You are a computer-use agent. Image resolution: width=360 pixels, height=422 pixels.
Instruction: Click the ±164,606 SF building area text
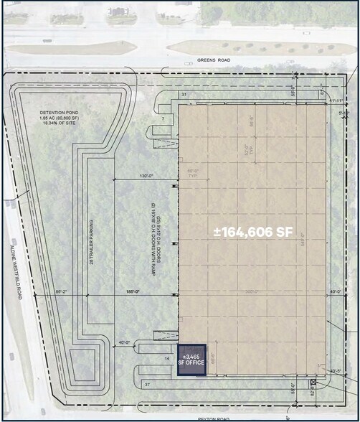[x=252, y=232]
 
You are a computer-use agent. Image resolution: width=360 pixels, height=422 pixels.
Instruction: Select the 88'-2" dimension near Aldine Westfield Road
[x=61, y=292]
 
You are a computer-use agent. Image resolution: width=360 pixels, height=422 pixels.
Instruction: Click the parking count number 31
[x=184, y=95]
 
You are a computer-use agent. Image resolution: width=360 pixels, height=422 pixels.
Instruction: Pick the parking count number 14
[x=167, y=357]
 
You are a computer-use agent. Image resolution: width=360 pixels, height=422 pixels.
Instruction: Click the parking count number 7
[x=163, y=118]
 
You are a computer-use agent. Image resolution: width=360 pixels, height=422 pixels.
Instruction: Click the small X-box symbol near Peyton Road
[x=313, y=383]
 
